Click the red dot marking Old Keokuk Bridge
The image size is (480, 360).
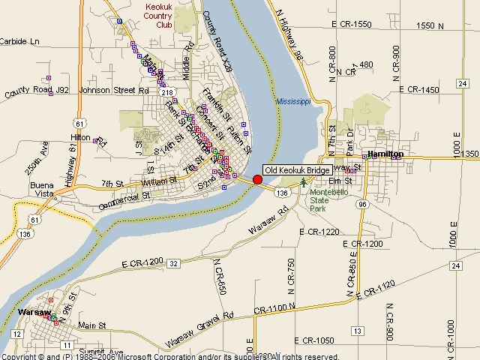(x=257, y=179)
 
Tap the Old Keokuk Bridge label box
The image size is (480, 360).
(x=297, y=170)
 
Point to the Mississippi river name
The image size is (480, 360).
(x=292, y=101)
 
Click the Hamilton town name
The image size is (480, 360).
(x=386, y=154)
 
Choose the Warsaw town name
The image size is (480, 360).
(x=35, y=311)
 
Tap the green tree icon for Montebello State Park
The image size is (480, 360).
(x=303, y=182)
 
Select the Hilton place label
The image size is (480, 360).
(x=80, y=137)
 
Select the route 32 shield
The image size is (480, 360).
(x=173, y=263)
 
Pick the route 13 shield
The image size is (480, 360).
(x=357, y=331)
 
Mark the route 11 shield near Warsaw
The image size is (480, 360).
(x=67, y=345)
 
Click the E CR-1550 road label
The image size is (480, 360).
(x=346, y=25)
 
